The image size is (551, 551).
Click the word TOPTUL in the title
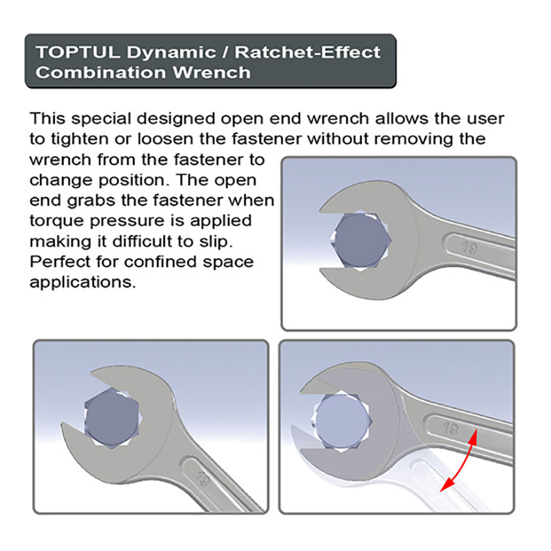point(66,52)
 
